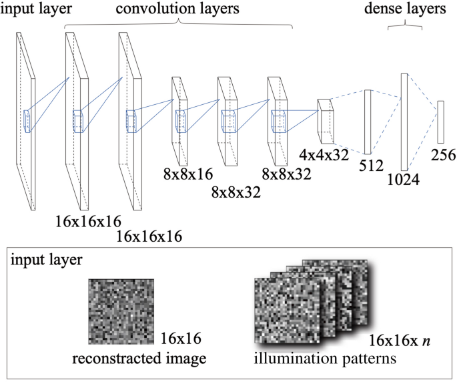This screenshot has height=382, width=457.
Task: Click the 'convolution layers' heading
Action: [177, 9]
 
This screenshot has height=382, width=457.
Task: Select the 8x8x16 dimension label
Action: [187, 176]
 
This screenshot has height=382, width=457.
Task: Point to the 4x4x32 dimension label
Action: [325, 156]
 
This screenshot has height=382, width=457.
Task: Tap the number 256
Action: [442, 155]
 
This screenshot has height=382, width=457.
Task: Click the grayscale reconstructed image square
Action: [121, 311]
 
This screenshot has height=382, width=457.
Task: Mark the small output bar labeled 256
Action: [440, 121]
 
